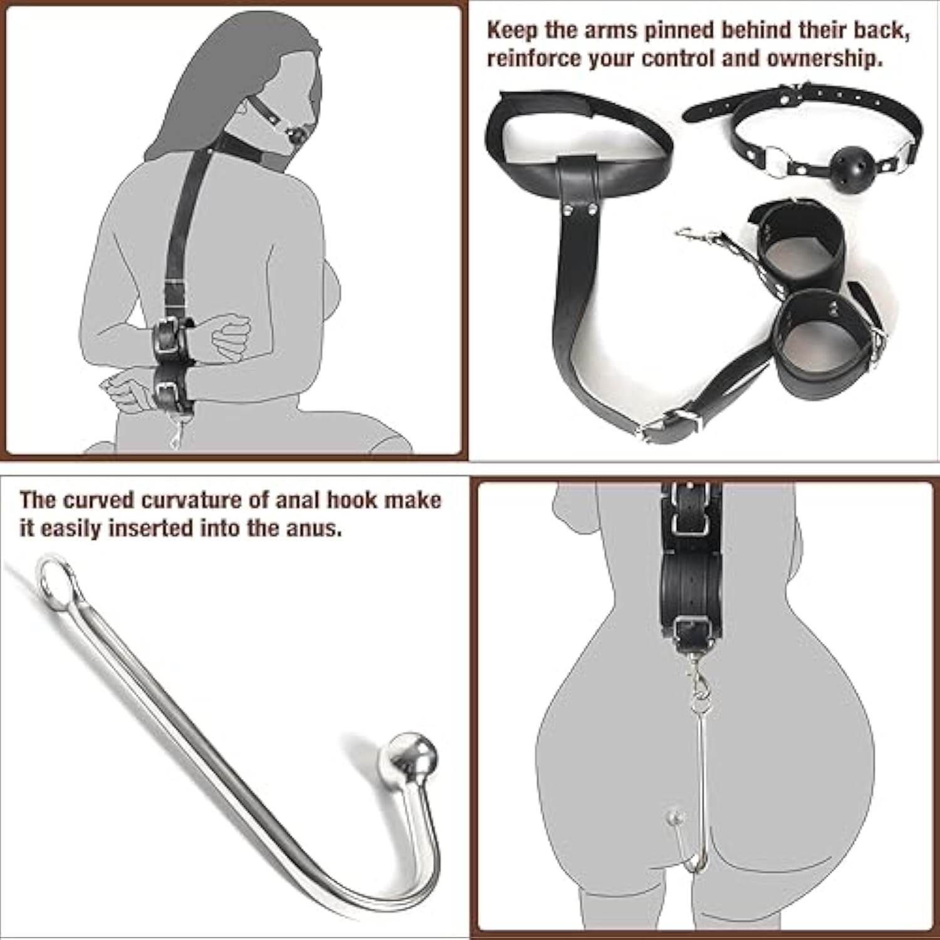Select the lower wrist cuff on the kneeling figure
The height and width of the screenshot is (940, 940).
(x=172, y=389)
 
